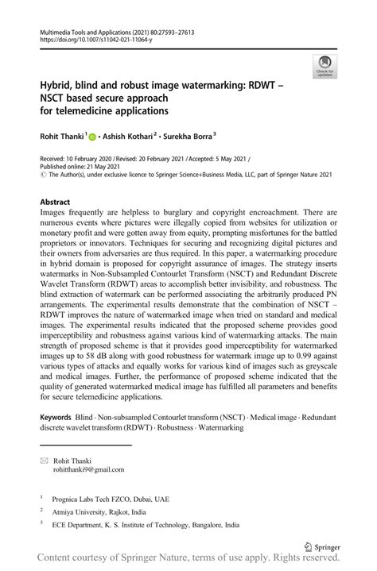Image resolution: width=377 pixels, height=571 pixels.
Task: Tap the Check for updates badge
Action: coord(324,68)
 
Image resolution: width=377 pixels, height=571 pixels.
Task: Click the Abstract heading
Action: coord(56,203)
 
